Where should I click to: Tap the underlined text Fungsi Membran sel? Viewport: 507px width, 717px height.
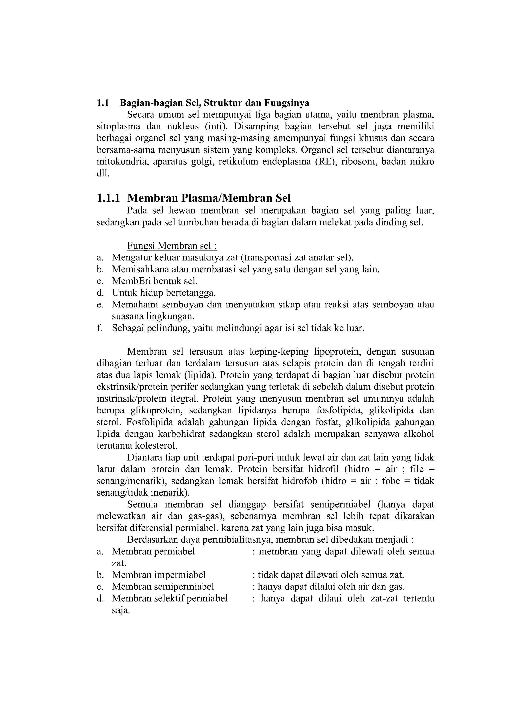(172, 246)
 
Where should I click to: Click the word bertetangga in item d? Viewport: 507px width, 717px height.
(190, 293)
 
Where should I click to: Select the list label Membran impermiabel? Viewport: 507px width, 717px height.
(159, 575)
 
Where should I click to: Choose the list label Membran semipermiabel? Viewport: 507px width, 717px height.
(163, 587)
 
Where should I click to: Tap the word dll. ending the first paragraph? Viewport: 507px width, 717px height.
(103, 174)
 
